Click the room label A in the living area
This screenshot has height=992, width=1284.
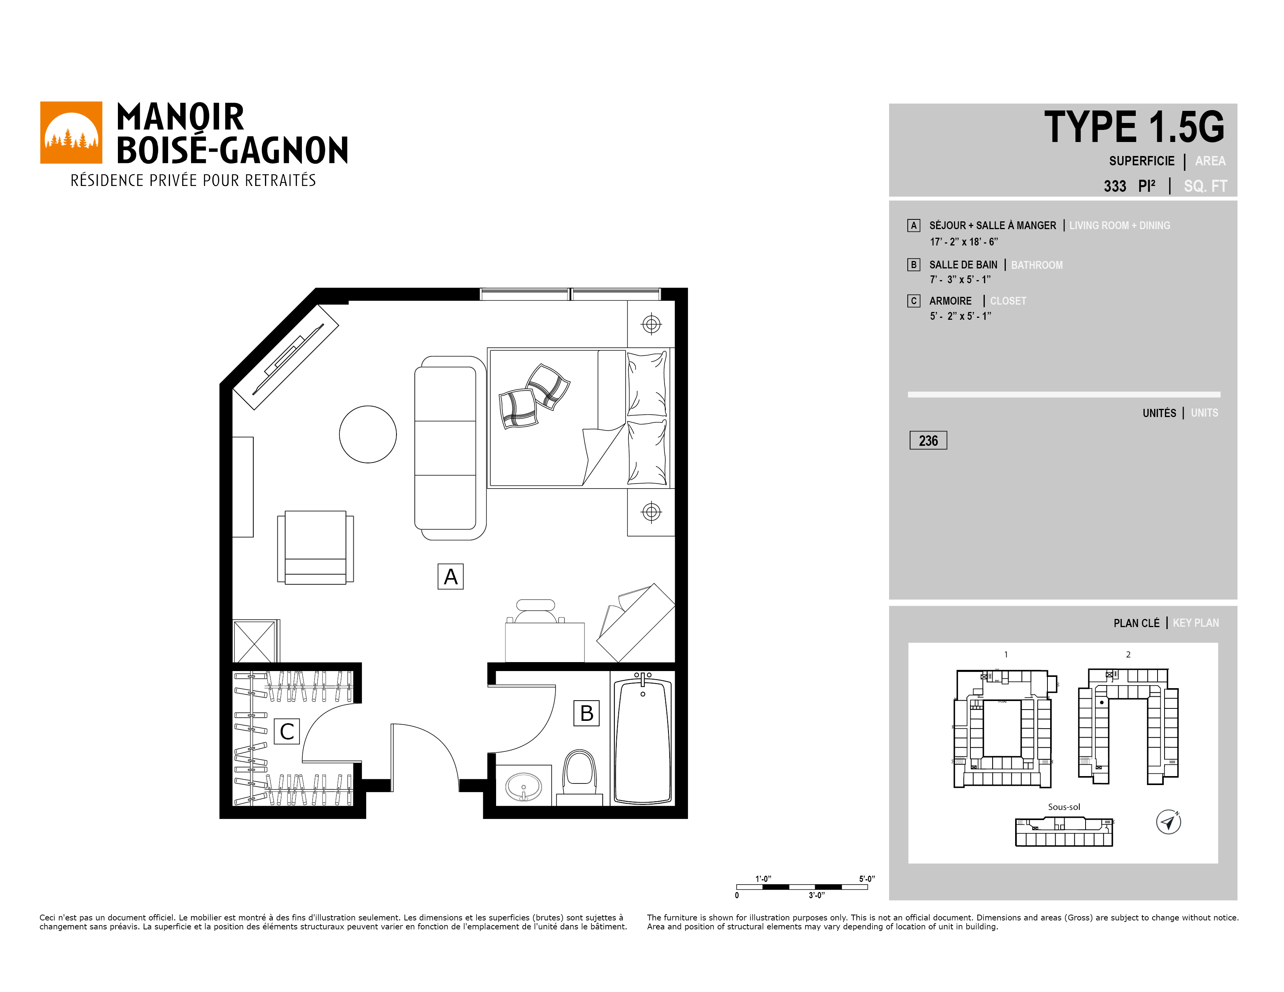click(450, 577)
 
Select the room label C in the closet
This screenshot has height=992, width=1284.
click(287, 732)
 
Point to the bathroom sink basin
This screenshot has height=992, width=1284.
click(524, 786)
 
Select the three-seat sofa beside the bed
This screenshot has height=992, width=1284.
click(450, 448)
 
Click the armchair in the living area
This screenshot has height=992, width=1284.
click(316, 547)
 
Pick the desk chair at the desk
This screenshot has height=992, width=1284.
click(535, 611)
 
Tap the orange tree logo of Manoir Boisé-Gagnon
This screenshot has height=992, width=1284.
click(71, 133)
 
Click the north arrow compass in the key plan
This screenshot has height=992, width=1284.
click(1168, 822)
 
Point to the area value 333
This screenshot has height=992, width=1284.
click(1115, 186)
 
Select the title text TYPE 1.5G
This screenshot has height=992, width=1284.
click(1134, 127)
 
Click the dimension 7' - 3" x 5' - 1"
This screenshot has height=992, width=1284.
click(960, 280)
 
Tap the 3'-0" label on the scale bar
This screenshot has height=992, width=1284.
click(817, 895)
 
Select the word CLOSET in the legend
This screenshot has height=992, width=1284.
click(1008, 301)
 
